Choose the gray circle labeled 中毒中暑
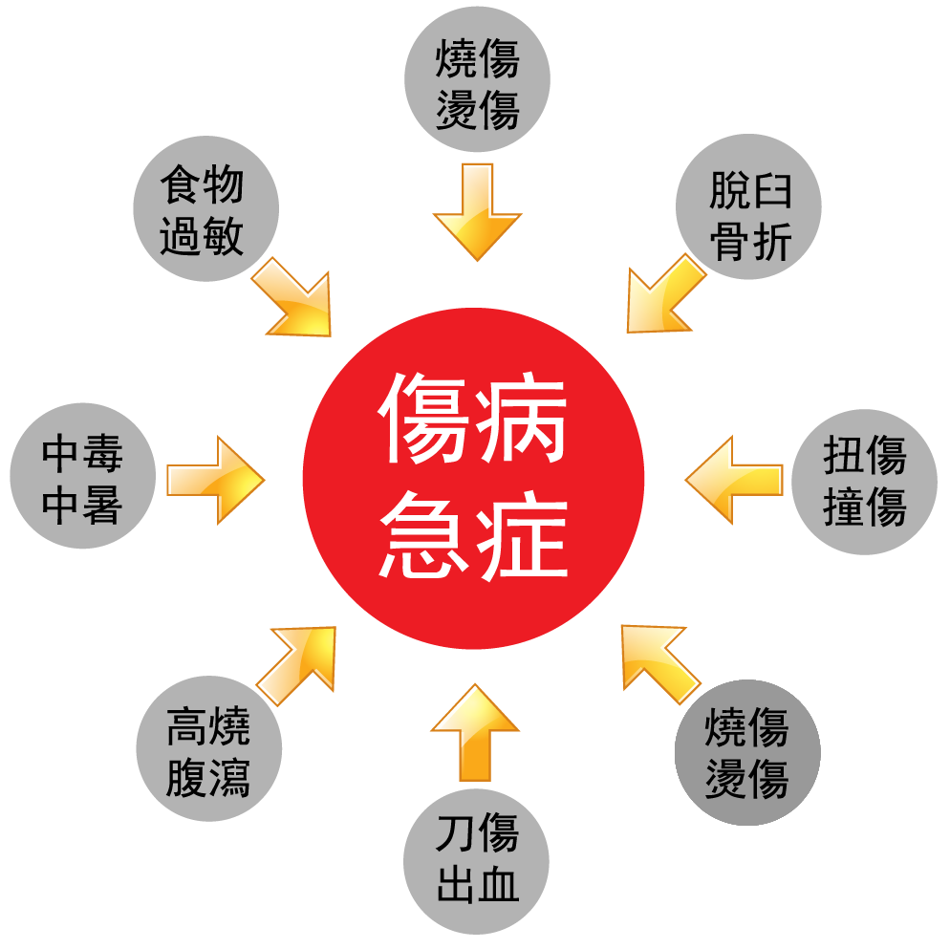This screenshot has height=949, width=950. coord(82,477)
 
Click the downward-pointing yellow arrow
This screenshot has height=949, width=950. coord(477,210)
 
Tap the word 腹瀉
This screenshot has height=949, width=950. coord(207,779)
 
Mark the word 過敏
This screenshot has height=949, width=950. coord(202,236)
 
